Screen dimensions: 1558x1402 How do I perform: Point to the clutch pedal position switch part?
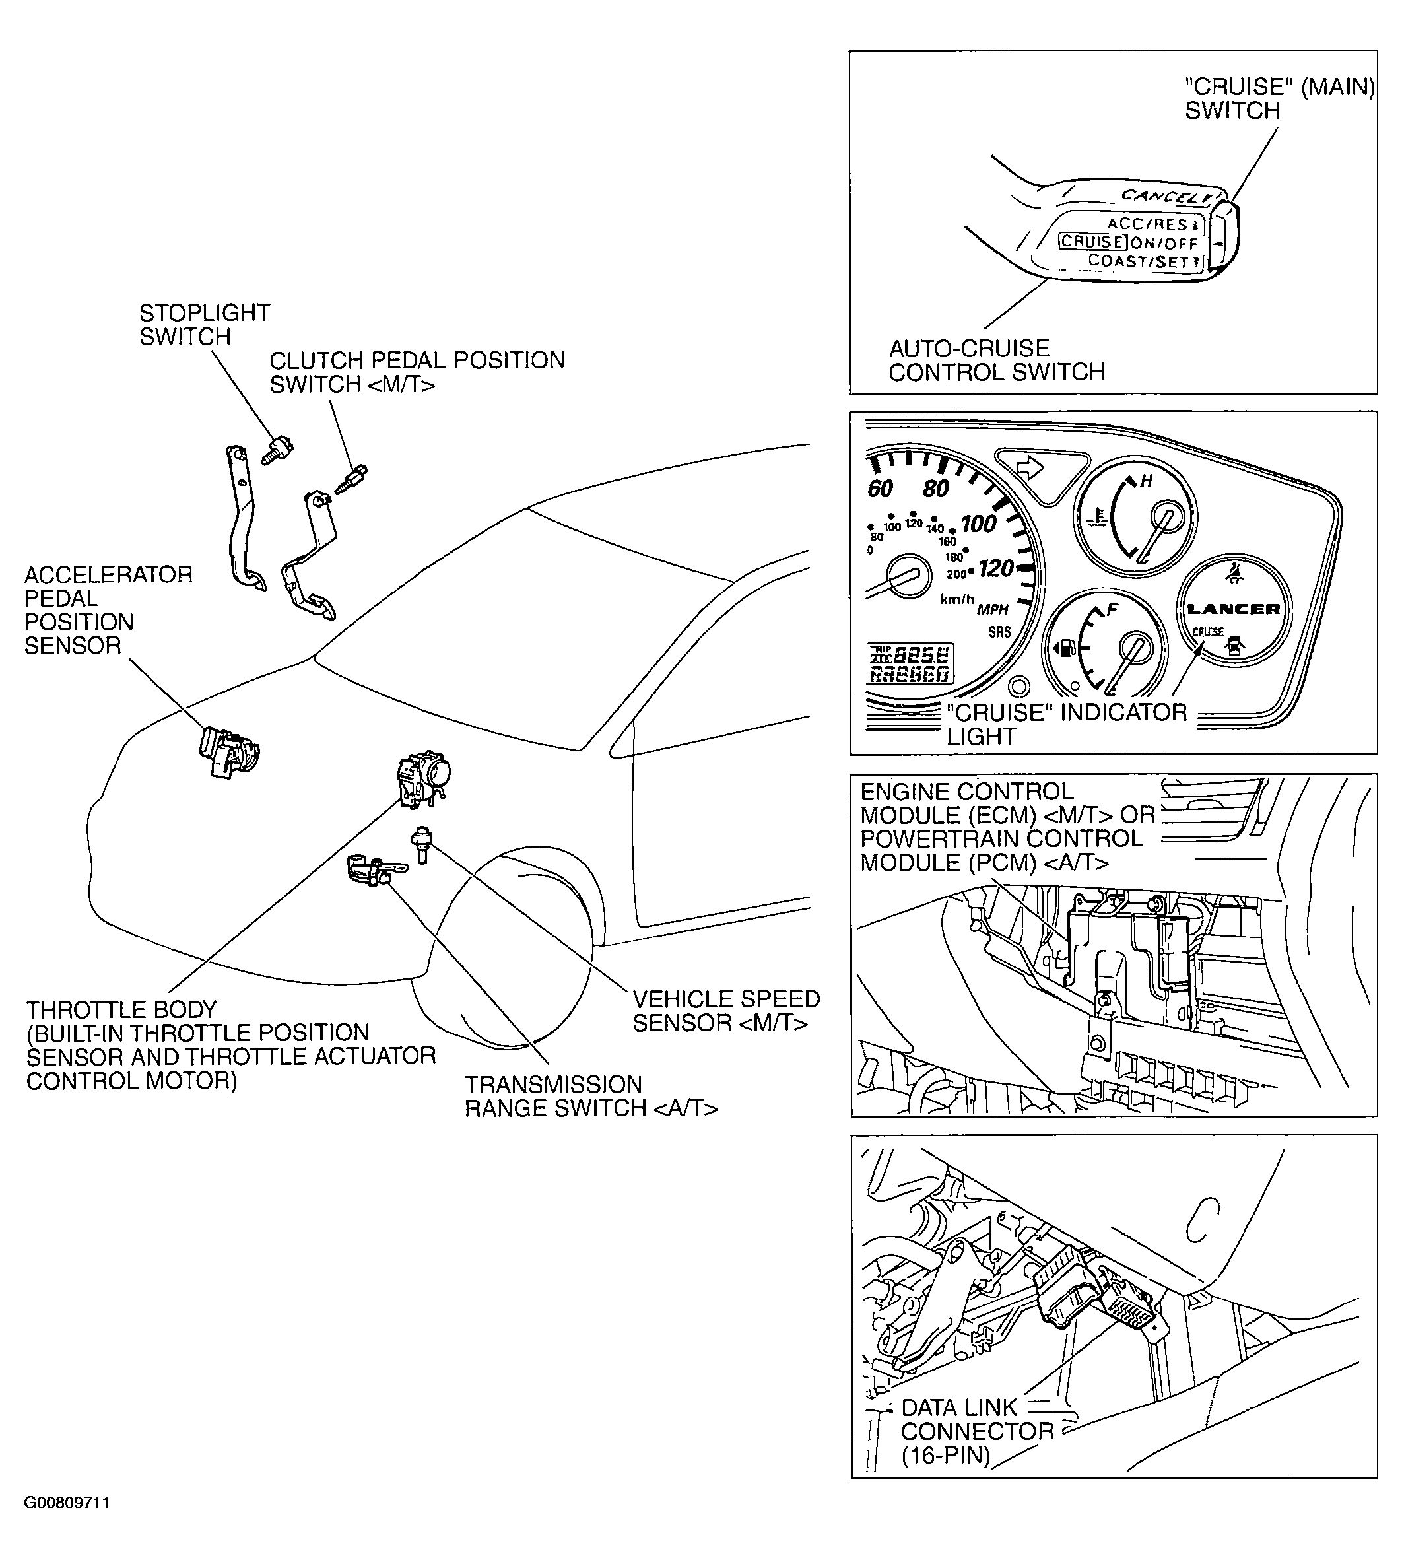(x=353, y=479)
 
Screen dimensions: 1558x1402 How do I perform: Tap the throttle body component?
(x=423, y=780)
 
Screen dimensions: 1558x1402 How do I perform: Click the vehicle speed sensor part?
(x=422, y=844)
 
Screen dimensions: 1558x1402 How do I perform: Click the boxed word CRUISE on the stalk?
(x=1092, y=242)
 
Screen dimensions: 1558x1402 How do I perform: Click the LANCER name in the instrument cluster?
(x=1233, y=609)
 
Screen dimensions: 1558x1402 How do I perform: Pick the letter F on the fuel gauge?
(x=1112, y=610)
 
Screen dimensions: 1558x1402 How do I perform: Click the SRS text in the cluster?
(x=1000, y=632)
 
